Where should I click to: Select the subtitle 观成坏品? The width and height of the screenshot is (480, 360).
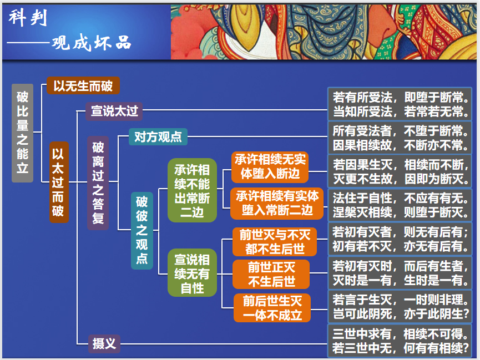pos(92,43)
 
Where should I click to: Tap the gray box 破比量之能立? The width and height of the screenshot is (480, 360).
pos(22,133)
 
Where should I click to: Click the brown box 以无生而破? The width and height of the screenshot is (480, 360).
pos(83,85)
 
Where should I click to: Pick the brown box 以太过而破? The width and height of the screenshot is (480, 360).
pos(59,182)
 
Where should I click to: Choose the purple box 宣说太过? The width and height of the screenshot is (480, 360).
pos(114,111)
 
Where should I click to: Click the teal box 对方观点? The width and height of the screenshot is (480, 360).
pos(158,136)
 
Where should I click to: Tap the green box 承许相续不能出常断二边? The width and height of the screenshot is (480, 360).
pos(192,191)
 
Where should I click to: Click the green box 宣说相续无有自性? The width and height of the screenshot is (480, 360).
pos(192,273)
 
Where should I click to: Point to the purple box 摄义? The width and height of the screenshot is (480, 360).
pos(104,343)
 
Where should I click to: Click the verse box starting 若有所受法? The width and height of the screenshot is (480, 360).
pos(400,104)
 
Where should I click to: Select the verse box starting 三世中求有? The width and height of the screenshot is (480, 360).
pos(400,341)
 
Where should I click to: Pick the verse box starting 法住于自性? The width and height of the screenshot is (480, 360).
pos(400,205)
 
